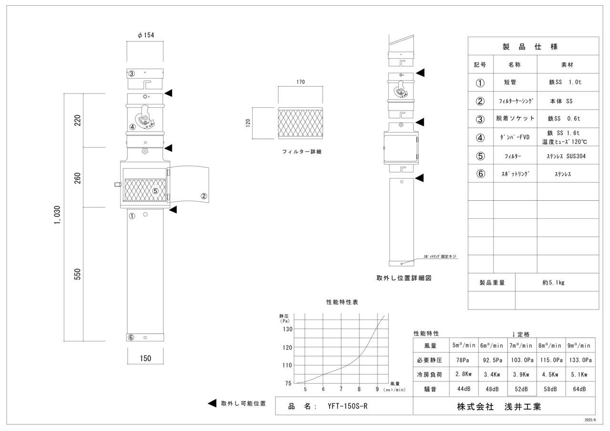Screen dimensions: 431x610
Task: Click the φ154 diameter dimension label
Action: pyautogui.click(x=145, y=35)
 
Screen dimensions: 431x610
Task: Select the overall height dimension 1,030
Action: pyautogui.click(x=57, y=216)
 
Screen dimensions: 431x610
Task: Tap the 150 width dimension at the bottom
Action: pyautogui.click(x=146, y=359)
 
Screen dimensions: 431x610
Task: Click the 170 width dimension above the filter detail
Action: pyautogui.click(x=300, y=82)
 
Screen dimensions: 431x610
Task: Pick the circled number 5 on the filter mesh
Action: pyautogui.click(x=155, y=191)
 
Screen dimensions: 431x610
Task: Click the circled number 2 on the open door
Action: pyautogui.click(x=203, y=195)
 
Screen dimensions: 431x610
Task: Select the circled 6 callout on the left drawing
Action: pyautogui.click(x=131, y=338)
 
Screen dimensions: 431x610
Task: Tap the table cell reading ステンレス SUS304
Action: pyautogui.click(x=567, y=156)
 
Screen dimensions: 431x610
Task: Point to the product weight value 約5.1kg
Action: pyautogui.click(x=553, y=282)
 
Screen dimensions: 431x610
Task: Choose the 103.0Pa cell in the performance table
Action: pyautogui.click(x=521, y=360)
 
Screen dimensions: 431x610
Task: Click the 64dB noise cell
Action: pyautogui.click(x=579, y=389)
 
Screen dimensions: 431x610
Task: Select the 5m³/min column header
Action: pyautogui.click(x=464, y=346)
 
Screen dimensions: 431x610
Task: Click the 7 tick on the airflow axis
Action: pyautogui.click(x=341, y=389)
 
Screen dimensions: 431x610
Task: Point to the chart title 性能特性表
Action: pyautogui.click(x=342, y=302)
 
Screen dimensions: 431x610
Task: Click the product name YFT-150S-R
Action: pyautogui.click(x=347, y=406)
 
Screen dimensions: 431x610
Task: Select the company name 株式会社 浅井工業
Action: pyautogui.click(x=499, y=407)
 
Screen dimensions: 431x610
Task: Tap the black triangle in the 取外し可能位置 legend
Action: pyautogui.click(x=213, y=403)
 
